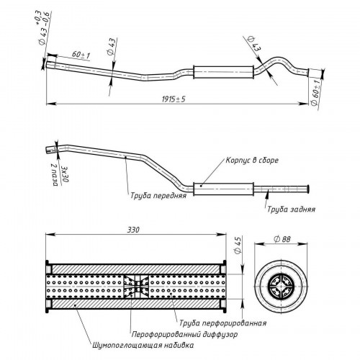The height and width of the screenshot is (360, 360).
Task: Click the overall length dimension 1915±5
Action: click(174, 99)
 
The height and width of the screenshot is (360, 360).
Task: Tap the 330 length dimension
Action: click(133, 230)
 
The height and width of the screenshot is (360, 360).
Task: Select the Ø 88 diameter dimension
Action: click(282, 239)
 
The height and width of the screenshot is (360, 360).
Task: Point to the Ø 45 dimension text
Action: click(238, 245)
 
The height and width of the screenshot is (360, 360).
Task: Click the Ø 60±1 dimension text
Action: click(315, 92)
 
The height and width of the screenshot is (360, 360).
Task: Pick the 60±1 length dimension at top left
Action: click(81, 55)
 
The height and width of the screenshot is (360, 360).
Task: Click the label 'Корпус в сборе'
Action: click(252, 160)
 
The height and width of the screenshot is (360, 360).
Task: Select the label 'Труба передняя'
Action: click(158, 195)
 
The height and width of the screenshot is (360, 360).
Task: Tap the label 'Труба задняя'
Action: click(291, 210)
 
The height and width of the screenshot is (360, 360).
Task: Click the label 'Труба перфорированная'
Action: click(223, 323)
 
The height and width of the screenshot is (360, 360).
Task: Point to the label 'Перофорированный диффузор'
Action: click(184, 334)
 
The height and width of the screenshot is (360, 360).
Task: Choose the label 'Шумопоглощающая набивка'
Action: click(143, 346)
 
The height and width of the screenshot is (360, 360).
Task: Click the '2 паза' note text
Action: click(55, 175)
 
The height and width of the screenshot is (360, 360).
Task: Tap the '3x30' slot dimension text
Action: click(65, 174)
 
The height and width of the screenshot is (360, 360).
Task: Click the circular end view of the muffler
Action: click(281, 287)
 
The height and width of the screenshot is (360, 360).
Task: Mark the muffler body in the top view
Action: click(223, 72)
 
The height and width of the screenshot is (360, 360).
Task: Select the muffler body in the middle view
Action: click(223, 189)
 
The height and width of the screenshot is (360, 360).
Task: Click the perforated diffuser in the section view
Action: click(136, 287)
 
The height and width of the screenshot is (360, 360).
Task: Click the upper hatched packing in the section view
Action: click(136, 269)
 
